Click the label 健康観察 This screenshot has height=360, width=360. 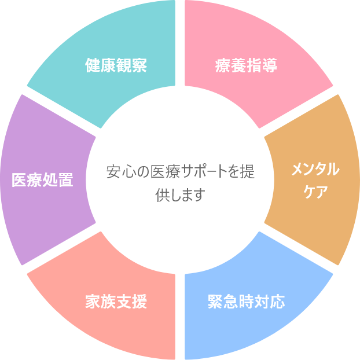pos(116,65)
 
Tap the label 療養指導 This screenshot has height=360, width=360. pos(245,65)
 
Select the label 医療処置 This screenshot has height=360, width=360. pos(43,180)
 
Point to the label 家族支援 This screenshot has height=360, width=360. pos(116,302)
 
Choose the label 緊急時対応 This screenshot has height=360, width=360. pos(246,302)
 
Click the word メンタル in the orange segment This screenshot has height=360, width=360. pos(314,170)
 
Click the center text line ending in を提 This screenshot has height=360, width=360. pos(180,172)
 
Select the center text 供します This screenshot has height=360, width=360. pos(180,194)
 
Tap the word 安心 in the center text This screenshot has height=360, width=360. pos(120,172)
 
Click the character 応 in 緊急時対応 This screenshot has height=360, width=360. pos(277,302)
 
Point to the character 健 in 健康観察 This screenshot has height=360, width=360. pos(93,65)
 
